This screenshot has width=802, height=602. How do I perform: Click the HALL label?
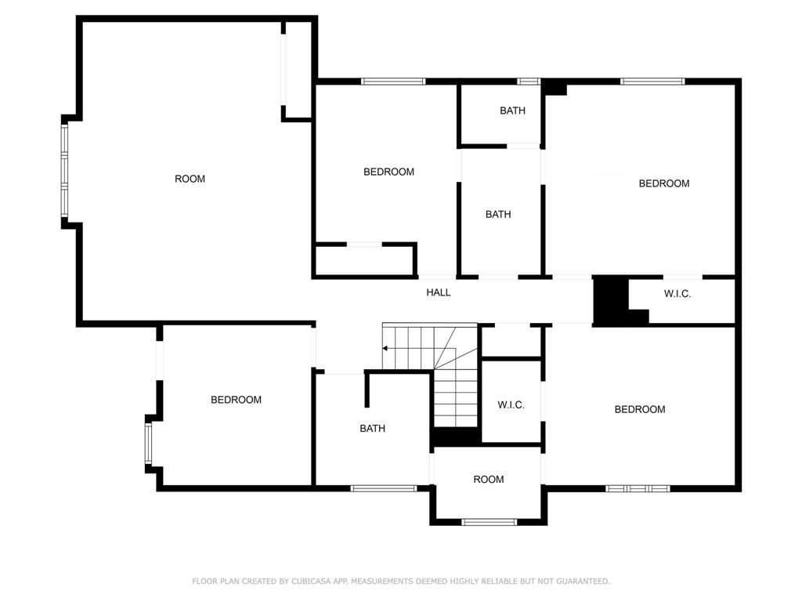(439, 292)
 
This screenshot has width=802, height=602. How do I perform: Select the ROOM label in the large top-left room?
(190, 179)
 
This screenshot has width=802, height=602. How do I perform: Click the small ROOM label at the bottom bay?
(489, 479)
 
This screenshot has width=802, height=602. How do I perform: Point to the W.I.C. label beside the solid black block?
(677, 294)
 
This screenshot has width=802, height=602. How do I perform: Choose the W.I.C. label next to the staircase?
(511, 405)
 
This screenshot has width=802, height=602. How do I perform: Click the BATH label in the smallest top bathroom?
(512, 111)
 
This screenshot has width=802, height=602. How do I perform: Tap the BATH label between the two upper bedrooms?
(498, 215)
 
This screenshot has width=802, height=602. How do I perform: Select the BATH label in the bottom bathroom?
(372, 429)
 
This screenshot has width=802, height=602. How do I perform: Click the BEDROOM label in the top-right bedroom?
(664, 183)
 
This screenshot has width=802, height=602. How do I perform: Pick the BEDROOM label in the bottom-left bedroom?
(236, 399)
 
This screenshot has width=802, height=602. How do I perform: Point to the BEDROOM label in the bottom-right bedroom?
(640, 409)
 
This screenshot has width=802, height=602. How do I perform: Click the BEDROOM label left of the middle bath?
(388, 172)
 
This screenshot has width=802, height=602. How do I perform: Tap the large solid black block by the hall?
(611, 299)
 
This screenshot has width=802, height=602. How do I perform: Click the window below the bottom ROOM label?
(489, 522)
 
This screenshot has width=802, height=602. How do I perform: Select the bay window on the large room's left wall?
(64, 170)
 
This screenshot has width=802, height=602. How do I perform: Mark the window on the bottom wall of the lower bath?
(384, 488)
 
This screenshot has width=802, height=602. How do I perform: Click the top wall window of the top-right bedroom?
(652, 81)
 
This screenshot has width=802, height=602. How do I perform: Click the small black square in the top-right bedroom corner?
(555, 88)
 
